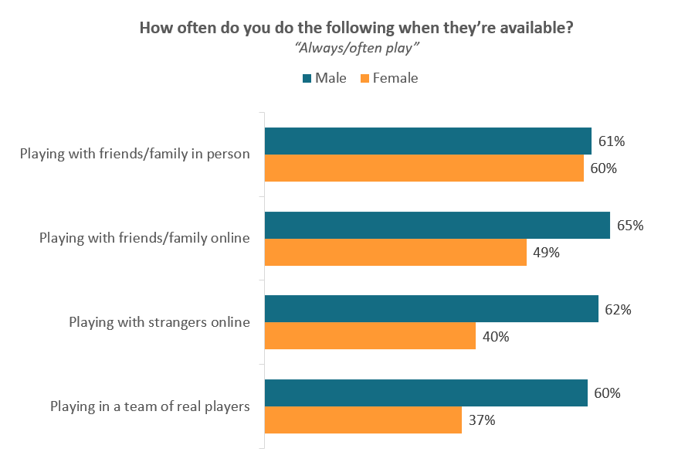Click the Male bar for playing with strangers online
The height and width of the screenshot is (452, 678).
(431, 308)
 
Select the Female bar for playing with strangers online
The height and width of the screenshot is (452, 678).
(370, 336)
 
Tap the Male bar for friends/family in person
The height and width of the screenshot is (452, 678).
(428, 141)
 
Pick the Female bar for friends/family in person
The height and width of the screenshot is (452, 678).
(424, 168)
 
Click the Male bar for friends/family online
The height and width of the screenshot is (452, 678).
(437, 225)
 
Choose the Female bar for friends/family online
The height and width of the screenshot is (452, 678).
(395, 252)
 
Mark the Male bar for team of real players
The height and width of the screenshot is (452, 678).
(425, 393)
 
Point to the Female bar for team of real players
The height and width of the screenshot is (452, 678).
(363, 420)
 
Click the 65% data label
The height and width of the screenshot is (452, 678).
(630, 226)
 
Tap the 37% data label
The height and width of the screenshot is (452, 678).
(482, 420)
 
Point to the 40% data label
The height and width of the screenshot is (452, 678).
(496, 337)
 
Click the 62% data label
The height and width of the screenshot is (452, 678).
(619, 309)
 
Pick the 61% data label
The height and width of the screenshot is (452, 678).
(612, 141)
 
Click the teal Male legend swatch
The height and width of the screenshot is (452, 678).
(306, 78)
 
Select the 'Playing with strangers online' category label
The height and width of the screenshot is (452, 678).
(159, 322)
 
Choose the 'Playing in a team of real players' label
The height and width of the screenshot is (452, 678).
(150, 406)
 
